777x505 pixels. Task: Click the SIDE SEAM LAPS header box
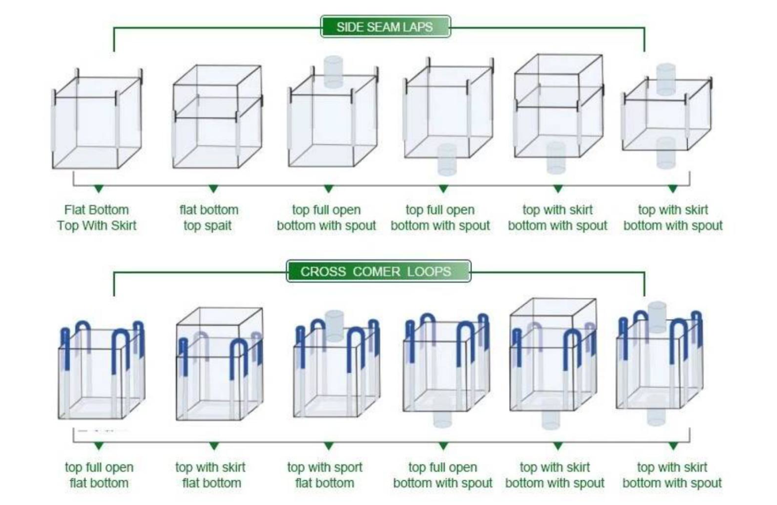tap(385, 27)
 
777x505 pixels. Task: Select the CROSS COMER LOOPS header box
tap(379, 271)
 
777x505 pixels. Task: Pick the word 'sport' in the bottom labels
tap(347, 468)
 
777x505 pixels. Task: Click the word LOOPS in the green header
tap(429, 271)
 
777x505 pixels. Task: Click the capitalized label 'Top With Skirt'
tap(97, 226)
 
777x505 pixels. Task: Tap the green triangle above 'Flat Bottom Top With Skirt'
tap(99, 189)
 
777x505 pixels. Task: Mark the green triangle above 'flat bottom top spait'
tap(214, 189)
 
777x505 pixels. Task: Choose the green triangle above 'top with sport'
tap(328, 446)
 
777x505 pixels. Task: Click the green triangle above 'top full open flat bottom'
tap(99, 446)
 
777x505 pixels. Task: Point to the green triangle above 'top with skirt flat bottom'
tap(214, 446)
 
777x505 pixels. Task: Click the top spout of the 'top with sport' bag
tap(334, 326)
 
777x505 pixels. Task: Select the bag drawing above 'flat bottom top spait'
tap(218, 117)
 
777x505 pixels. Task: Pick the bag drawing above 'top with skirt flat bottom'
tap(219, 364)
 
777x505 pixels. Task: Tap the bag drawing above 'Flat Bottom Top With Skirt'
tap(97, 118)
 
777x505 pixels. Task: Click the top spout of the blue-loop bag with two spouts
tap(657, 317)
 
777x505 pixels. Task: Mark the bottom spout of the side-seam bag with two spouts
tap(666, 152)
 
